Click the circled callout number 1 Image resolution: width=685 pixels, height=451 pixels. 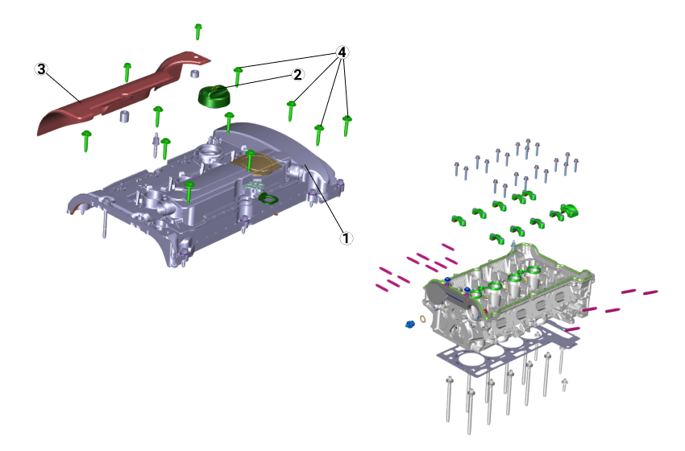tap(346, 238)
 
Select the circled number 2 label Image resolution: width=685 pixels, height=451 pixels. tap(297, 74)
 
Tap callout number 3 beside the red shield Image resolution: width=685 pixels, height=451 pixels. tap(41, 69)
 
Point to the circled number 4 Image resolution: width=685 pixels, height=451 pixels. tap(342, 52)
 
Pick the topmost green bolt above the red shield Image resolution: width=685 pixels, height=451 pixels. tap(198, 31)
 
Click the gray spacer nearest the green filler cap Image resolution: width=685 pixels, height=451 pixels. tap(194, 74)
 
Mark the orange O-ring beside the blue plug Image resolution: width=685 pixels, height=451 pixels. tap(423, 319)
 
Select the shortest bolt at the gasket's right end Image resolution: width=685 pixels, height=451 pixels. tap(564, 384)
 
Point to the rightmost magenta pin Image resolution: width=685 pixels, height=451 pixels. tap(650, 292)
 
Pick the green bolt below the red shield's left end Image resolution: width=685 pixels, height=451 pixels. tap(86, 140)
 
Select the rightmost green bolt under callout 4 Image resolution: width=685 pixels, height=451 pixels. tap(347, 125)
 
